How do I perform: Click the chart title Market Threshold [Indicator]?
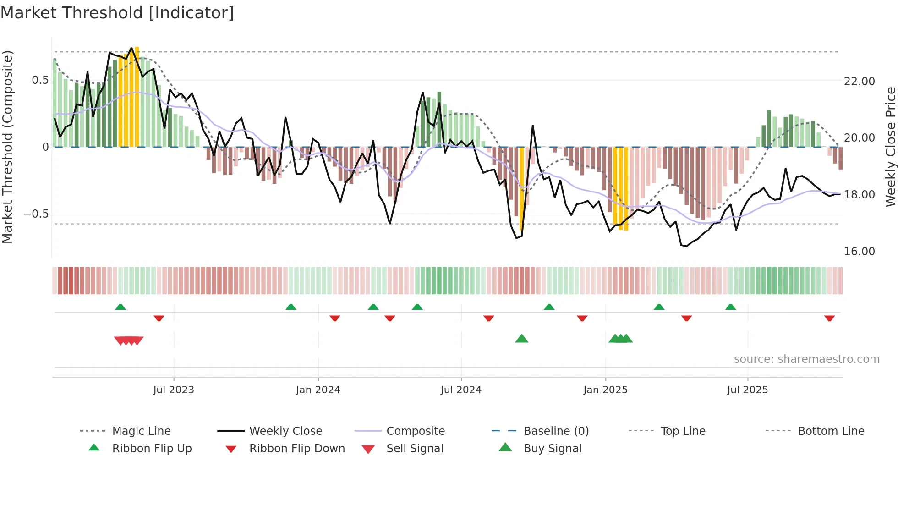[117, 13]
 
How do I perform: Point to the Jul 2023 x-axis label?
[174, 390]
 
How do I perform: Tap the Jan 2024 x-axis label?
[318, 390]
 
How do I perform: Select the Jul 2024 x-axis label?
[461, 390]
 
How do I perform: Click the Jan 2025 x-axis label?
[605, 390]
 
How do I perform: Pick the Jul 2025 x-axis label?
[747, 390]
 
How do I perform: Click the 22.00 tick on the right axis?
[859, 82]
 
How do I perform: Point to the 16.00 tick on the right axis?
[859, 252]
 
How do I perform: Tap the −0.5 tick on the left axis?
[36, 214]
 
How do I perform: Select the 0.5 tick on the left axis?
[40, 80]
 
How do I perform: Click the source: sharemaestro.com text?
[806, 359]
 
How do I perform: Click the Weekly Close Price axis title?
[890, 147]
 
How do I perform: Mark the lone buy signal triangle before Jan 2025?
[521, 339]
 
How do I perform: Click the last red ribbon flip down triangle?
[829, 318]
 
